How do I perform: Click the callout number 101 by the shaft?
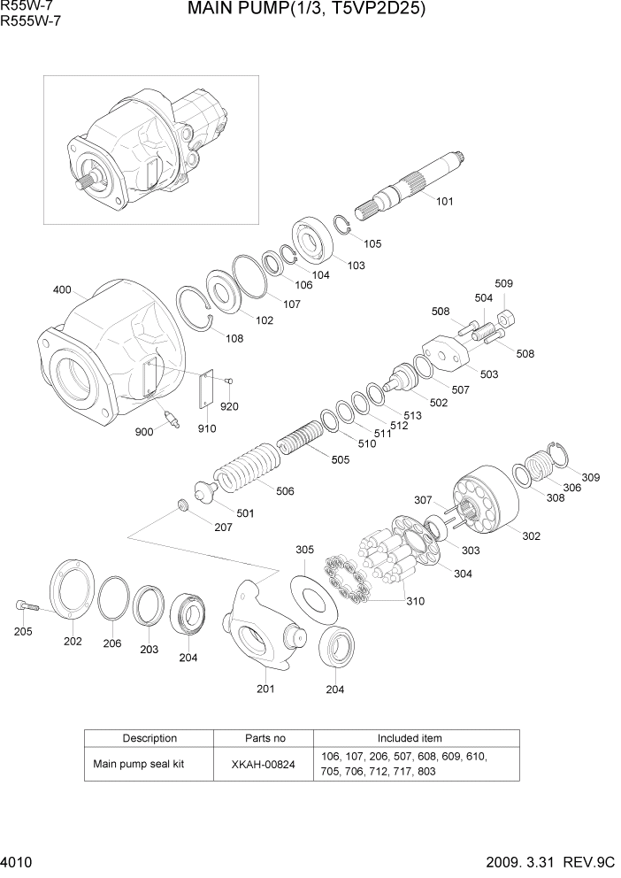(x=444, y=201)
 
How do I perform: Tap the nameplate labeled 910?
(x=206, y=390)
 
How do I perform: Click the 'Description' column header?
(x=149, y=738)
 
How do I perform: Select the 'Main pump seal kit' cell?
(x=138, y=764)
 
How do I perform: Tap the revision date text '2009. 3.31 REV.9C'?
(x=548, y=863)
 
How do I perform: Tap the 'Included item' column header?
(x=409, y=738)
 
